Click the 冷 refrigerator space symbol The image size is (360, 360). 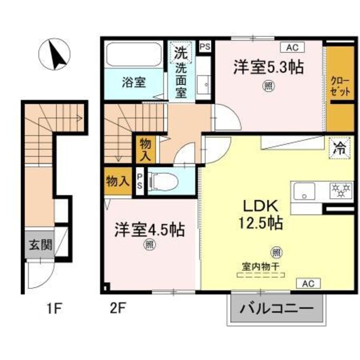click(x=340, y=149)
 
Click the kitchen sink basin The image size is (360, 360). click(x=303, y=191)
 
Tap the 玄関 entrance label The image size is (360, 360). click(x=40, y=245)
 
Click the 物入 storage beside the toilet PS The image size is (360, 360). click(x=117, y=181)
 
